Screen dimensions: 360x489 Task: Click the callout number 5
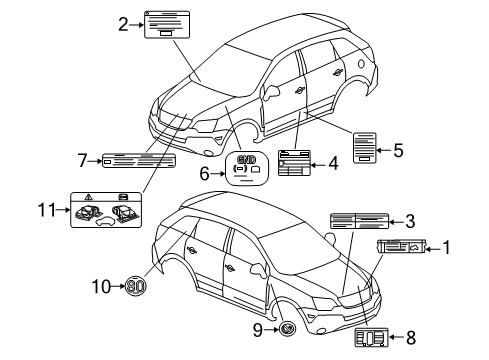[x=398, y=152]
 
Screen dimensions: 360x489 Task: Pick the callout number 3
[x=410, y=222]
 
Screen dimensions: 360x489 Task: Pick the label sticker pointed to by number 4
[x=295, y=162]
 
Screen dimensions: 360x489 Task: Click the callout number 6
[x=207, y=173]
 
